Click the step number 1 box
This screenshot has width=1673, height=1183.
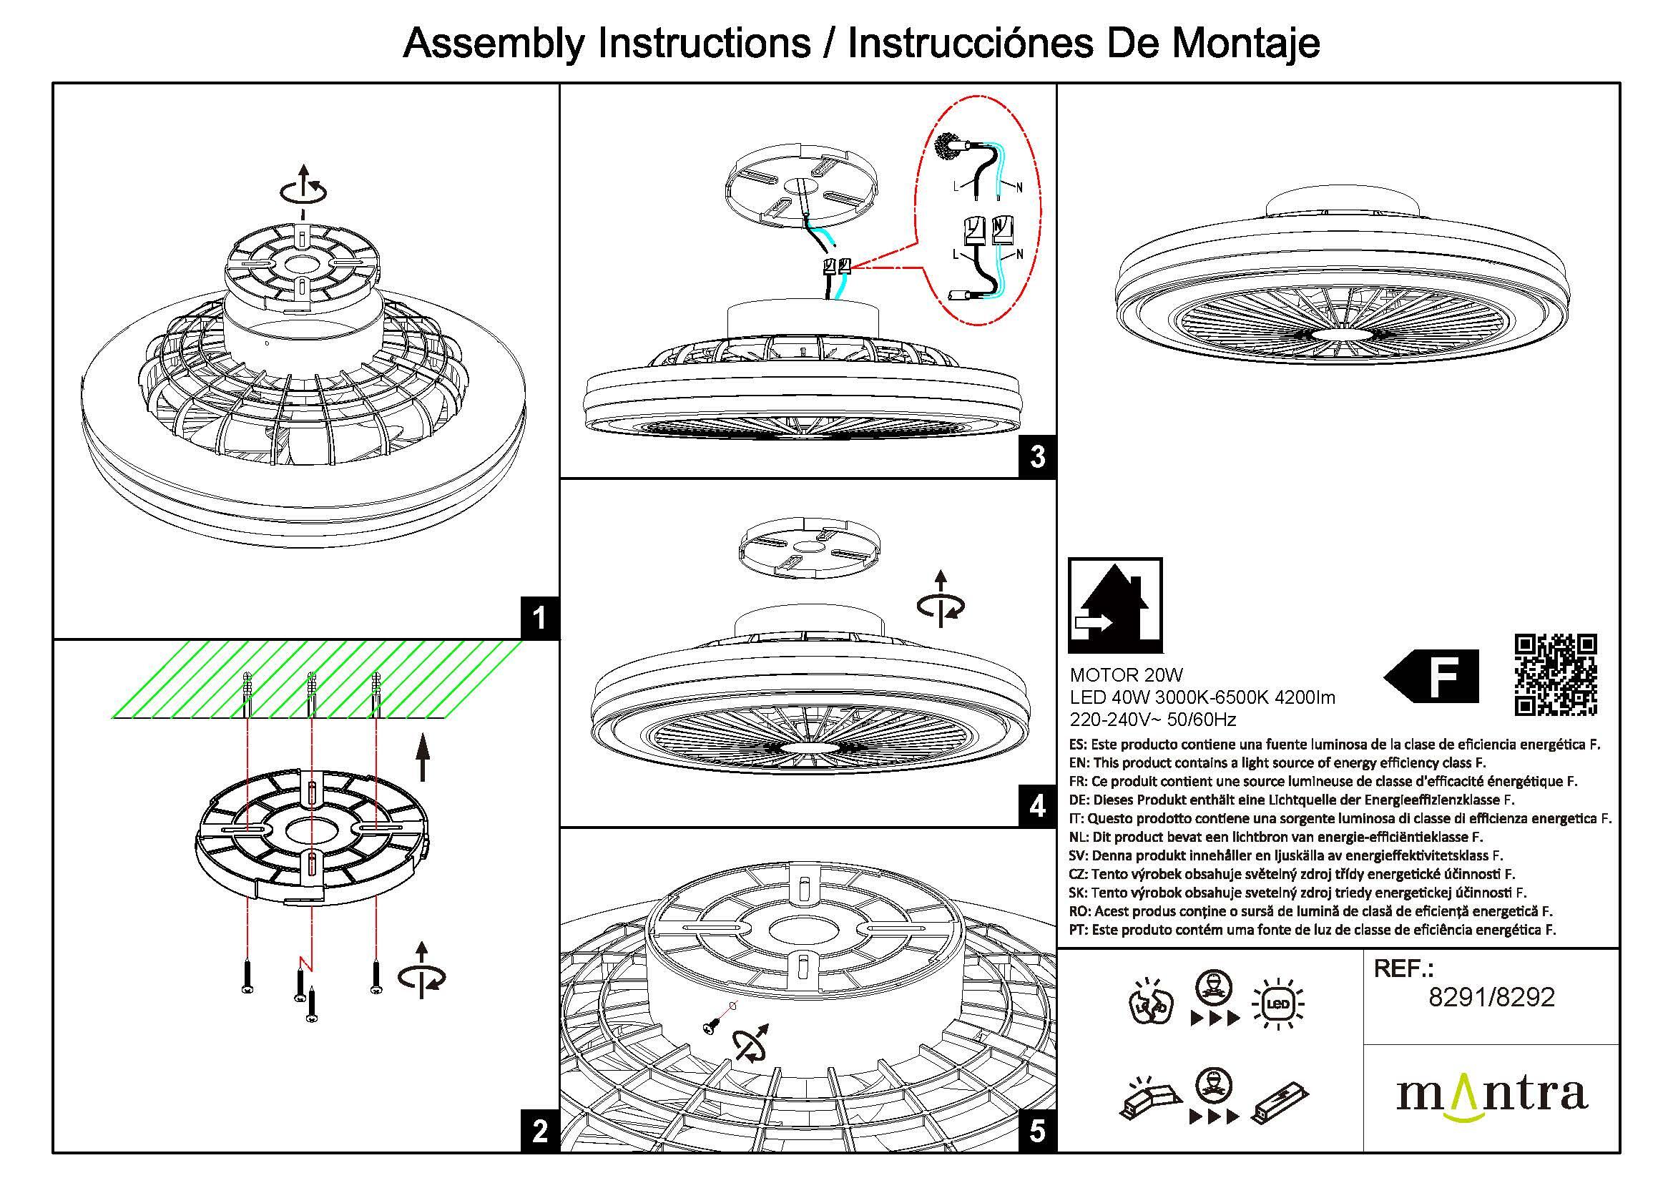pyautogui.click(x=539, y=619)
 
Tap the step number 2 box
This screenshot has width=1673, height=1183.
pyautogui.click(x=539, y=1132)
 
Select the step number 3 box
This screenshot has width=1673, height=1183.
pyautogui.click(x=1038, y=458)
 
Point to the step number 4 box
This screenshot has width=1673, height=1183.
pyautogui.click(x=1038, y=806)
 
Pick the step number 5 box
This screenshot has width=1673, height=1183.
pyautogui.click(x=1038, y=1132)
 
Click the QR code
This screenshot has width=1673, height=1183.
pyautogui.click(x=1555, y=674)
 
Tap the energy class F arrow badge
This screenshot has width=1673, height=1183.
pyautogui.click(x=1432, y=676)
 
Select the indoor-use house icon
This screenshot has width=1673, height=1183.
pyautogui.click(x=1115, y=604)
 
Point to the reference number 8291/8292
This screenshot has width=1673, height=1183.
pyautogui.click(x=1491, y=997)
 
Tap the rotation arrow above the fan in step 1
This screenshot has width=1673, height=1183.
pyautogui.click(x=304, y=186)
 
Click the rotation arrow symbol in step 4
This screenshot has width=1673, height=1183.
pyautogui.click(x=941, y=600)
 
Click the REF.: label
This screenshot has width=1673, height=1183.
pyautogui.click(x=1403, y=968)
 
